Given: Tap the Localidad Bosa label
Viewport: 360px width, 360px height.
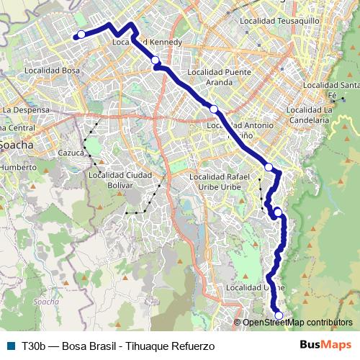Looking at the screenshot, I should click(x=52, y=71).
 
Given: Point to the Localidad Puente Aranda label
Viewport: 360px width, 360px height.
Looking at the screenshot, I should click(x=219, y=77).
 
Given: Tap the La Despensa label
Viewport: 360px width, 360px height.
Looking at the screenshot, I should click(x=26, y=109).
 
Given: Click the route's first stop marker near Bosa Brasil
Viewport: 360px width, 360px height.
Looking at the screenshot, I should click(x=81, y=35).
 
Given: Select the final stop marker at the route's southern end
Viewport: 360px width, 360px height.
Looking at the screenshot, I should click(x=279, y=315).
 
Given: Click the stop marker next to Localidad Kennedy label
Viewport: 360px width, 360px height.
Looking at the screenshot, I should click(x=156, y=60).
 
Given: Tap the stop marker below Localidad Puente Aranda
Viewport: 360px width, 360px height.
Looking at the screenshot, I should click(x=214, y=109).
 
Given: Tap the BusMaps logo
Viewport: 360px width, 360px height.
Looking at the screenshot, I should click(x=325, y=345).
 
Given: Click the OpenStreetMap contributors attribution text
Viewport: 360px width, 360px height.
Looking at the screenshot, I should click(x=297, y=323).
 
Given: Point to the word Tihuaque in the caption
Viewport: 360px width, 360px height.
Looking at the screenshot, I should click(x=146, y=346).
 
